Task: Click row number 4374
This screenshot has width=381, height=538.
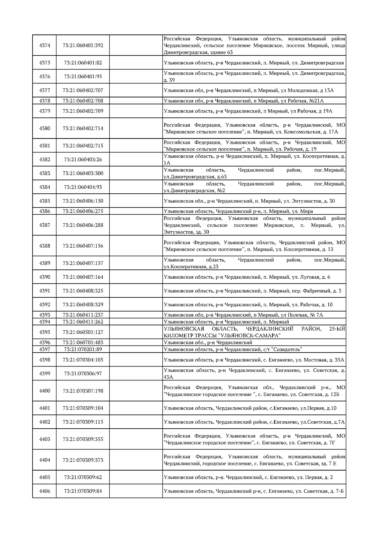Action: [x=44, y=45]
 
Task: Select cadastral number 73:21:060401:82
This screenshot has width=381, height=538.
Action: [x=83, y=63]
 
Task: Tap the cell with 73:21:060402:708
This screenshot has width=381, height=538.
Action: [x=83, y=101]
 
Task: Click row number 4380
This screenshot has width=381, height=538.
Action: [x=44, y=128]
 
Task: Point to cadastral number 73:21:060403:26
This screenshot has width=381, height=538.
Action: [x=83, y=159]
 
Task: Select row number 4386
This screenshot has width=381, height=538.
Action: [x=44, y=211]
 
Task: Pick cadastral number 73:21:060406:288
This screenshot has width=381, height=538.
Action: [x=83, y=225]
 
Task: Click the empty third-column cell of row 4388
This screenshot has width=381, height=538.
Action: [x=136, y=246]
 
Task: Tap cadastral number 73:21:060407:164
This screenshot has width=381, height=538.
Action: [x=83, y=277]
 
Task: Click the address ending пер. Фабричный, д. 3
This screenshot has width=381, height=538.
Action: [x=252, y=291]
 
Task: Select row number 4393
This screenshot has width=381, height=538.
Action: [x=44, y=315]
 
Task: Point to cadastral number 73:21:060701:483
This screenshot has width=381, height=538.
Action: [x=83, y=342]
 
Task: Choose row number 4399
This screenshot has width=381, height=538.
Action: [x=44, y=373]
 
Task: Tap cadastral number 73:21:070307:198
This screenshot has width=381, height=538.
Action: [x=83, y=391]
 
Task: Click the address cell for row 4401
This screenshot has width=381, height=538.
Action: [x=250, y=408]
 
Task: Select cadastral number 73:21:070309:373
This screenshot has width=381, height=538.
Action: [x=83, y=460]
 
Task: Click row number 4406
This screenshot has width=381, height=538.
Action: [x=44, y=491]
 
